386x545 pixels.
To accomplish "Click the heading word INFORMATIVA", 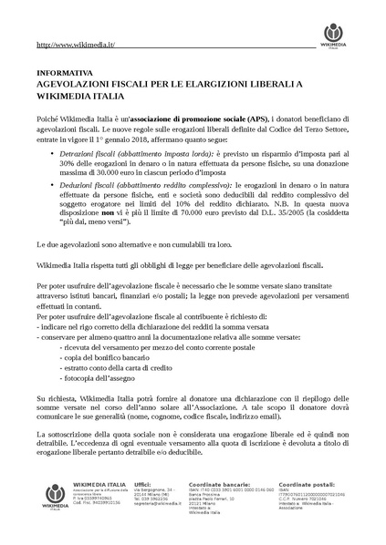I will coord(64,72).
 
